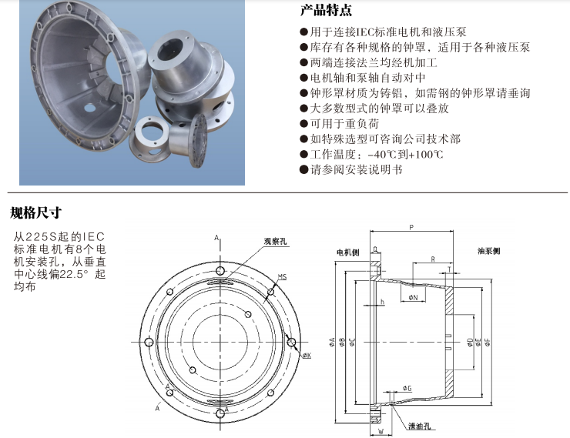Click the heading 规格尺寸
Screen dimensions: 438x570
35,212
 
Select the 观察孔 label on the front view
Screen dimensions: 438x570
275,241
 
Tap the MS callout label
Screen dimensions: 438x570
282,276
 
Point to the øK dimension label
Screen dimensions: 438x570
306,356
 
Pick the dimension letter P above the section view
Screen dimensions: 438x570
412,227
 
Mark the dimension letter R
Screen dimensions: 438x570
433,258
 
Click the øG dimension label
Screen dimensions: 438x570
407,390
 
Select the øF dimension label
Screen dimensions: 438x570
487,343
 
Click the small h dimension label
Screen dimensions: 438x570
382,302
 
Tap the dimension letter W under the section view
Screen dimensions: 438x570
381,433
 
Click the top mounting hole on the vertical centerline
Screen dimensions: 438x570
221,271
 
